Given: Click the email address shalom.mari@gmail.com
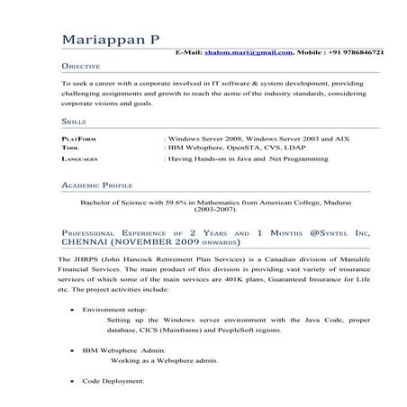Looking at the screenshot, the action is point(254,53).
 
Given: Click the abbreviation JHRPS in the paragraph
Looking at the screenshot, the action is point(82,259).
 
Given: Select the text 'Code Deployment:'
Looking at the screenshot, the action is point(113,382).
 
